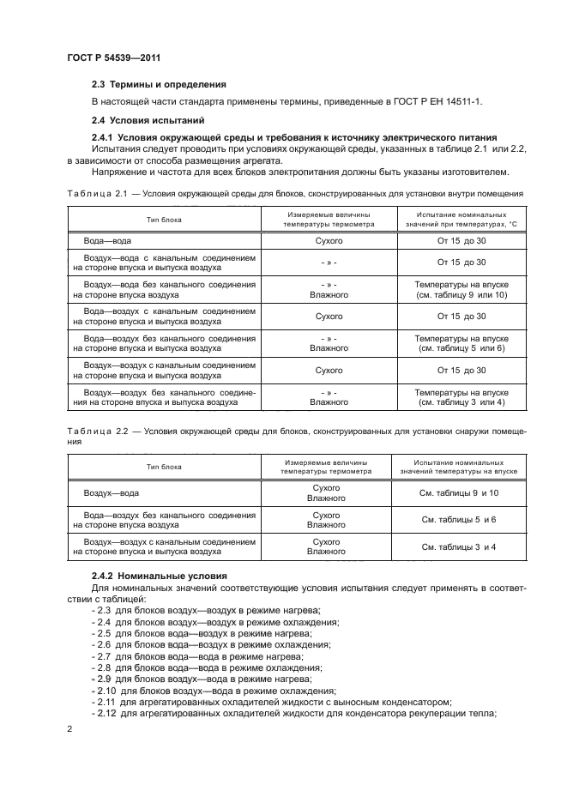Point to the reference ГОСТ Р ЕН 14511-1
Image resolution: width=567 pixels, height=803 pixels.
click(x=436, y=101)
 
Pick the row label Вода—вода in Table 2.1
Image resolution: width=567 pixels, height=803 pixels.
click(x=107, y=241)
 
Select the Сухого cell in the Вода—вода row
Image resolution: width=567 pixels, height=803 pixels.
click(x=329, y=241)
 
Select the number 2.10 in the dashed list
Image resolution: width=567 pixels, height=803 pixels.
click(x=107, y=690)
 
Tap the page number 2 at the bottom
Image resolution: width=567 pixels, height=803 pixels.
click(x=69, y=728)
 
